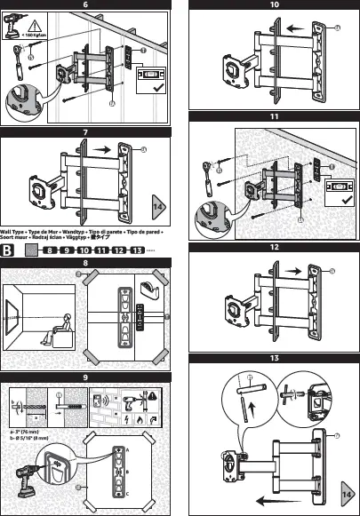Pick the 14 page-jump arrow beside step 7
[x=159, y=207]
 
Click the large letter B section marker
[x=8, y=250]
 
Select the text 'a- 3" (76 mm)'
[x=22, y=431]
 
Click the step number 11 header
[x=274, y=116]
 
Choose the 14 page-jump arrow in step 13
[x=348, y=491]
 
